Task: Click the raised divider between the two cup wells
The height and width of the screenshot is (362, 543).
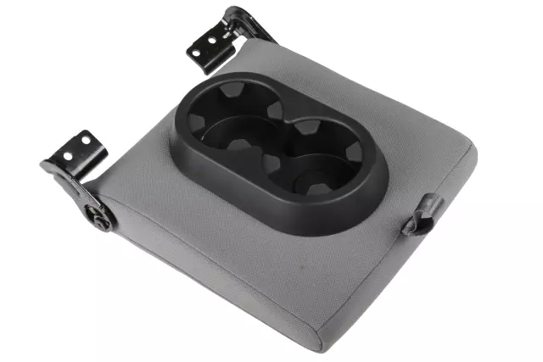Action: pyautogui.click(x=273, y=144)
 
